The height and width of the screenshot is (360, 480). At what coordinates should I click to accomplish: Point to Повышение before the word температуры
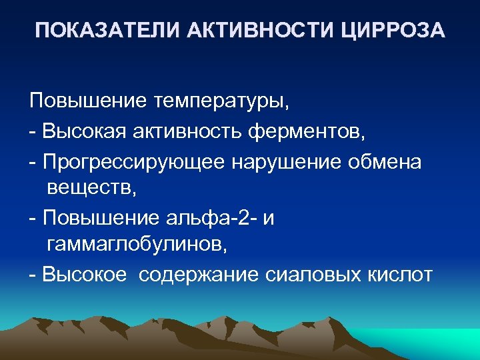click(x=88, y=102)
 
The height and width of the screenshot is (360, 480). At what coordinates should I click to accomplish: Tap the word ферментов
click(x=307, y=131)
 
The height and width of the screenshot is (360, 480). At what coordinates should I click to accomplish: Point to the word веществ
click(x=91, y=189)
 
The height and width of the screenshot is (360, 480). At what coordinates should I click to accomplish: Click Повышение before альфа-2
click(x=100, y=217)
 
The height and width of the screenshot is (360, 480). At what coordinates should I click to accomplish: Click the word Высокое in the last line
click(x=85, y=275)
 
